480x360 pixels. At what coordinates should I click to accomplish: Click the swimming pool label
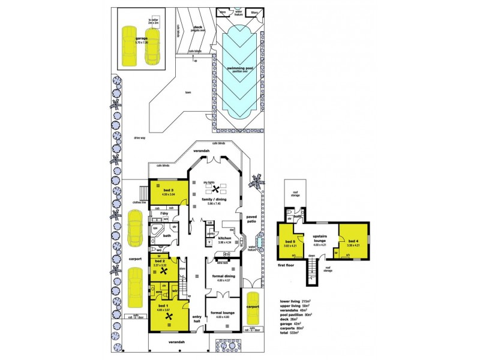(x=239, y=68)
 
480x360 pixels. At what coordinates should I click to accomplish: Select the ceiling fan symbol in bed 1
(x=169, y=317)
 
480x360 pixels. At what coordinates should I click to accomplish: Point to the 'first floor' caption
(x=286, y=263)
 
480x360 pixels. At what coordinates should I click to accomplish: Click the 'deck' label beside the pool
(x=198, y=27)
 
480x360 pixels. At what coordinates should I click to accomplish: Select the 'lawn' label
(x=188, y=93)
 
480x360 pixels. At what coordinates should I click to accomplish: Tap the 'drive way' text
(x=141, y=137)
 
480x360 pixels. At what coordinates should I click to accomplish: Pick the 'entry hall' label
(x=196, y=319)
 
